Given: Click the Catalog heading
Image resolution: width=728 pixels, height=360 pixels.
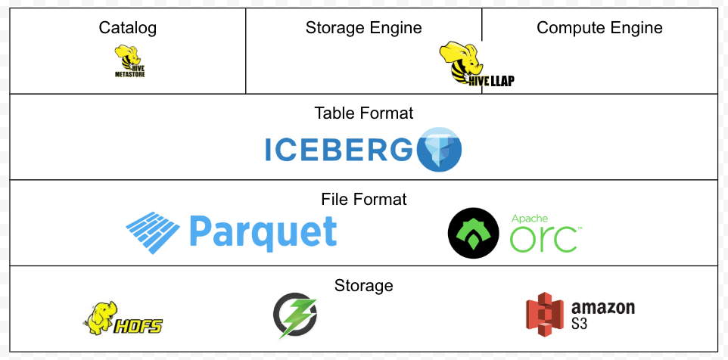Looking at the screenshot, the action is (x=127, y=29).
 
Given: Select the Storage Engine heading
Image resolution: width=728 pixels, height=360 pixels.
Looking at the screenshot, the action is (x=363, y=29).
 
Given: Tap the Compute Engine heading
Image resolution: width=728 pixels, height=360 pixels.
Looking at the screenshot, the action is (x=599, y=29).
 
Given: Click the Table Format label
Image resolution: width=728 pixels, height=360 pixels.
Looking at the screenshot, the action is (x=364, y=113).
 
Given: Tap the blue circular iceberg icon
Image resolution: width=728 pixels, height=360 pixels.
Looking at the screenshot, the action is (x=439, y=150).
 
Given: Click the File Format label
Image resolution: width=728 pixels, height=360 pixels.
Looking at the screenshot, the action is (x=364, y=200).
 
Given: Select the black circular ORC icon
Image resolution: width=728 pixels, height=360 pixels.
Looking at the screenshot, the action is (x=474, y=233).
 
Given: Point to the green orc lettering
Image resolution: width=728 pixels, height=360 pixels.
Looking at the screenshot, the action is (x=545, y=240).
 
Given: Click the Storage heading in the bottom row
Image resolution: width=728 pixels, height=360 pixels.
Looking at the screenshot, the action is (x=364, y=286).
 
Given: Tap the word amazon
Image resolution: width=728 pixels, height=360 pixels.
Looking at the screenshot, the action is (x=603, y=308).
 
